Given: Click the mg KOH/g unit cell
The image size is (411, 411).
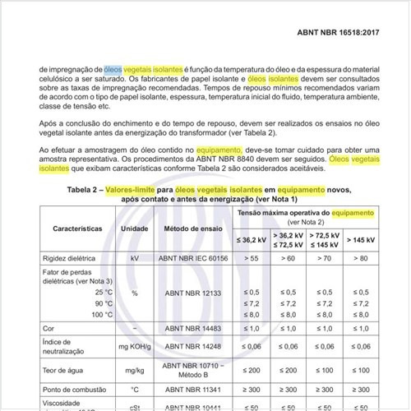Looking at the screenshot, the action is [135, 348].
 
